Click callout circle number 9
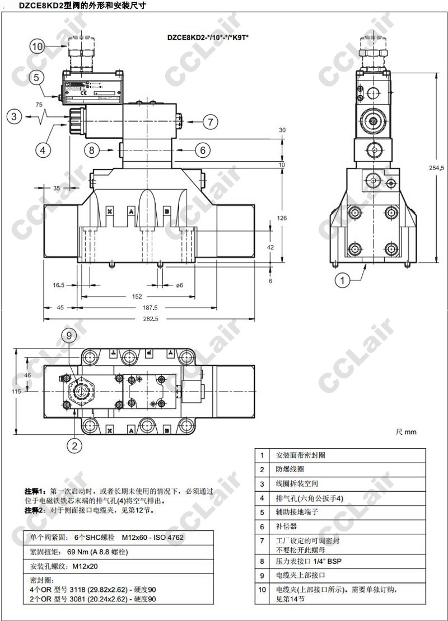(68, 336)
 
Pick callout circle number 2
(76, 446)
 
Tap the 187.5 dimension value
(150, 308)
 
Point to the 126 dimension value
(282, 218)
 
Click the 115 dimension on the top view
(17, 392)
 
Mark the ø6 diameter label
(179, 285)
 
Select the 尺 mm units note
(406, 432)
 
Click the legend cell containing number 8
(262, 561)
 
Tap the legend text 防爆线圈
(289, 469)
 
